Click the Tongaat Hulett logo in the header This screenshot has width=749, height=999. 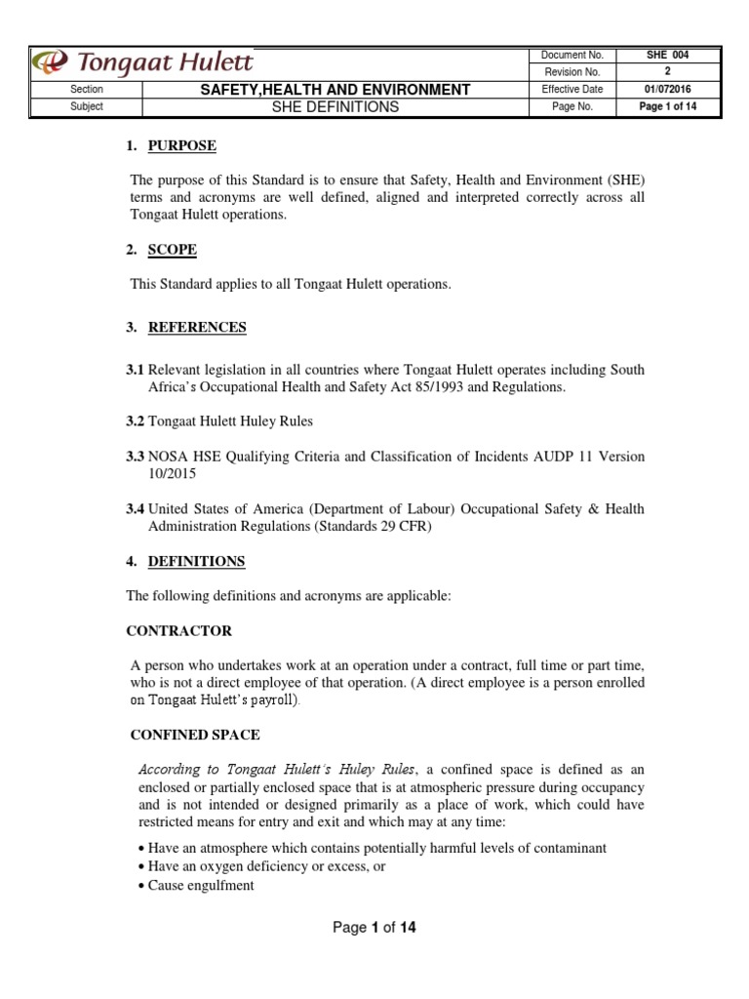(x=142, y=63)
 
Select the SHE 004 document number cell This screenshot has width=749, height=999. (x=667, y=56)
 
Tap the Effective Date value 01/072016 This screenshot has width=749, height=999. (x=667, y=90)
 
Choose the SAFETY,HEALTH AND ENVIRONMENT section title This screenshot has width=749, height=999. (x=335, y=90)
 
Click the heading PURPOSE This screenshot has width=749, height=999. (x=181, y=146)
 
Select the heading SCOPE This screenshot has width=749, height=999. (x=172, y=250)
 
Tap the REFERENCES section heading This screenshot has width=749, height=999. (x=197, y=328)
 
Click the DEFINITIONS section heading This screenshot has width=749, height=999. (x=196, y=562)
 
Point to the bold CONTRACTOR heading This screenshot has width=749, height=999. (x=180, y=631)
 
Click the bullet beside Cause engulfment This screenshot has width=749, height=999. (x=141, y=886)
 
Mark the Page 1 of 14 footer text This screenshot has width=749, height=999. (x=374, y=928)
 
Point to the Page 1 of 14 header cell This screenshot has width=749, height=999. (x=667, y=107)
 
